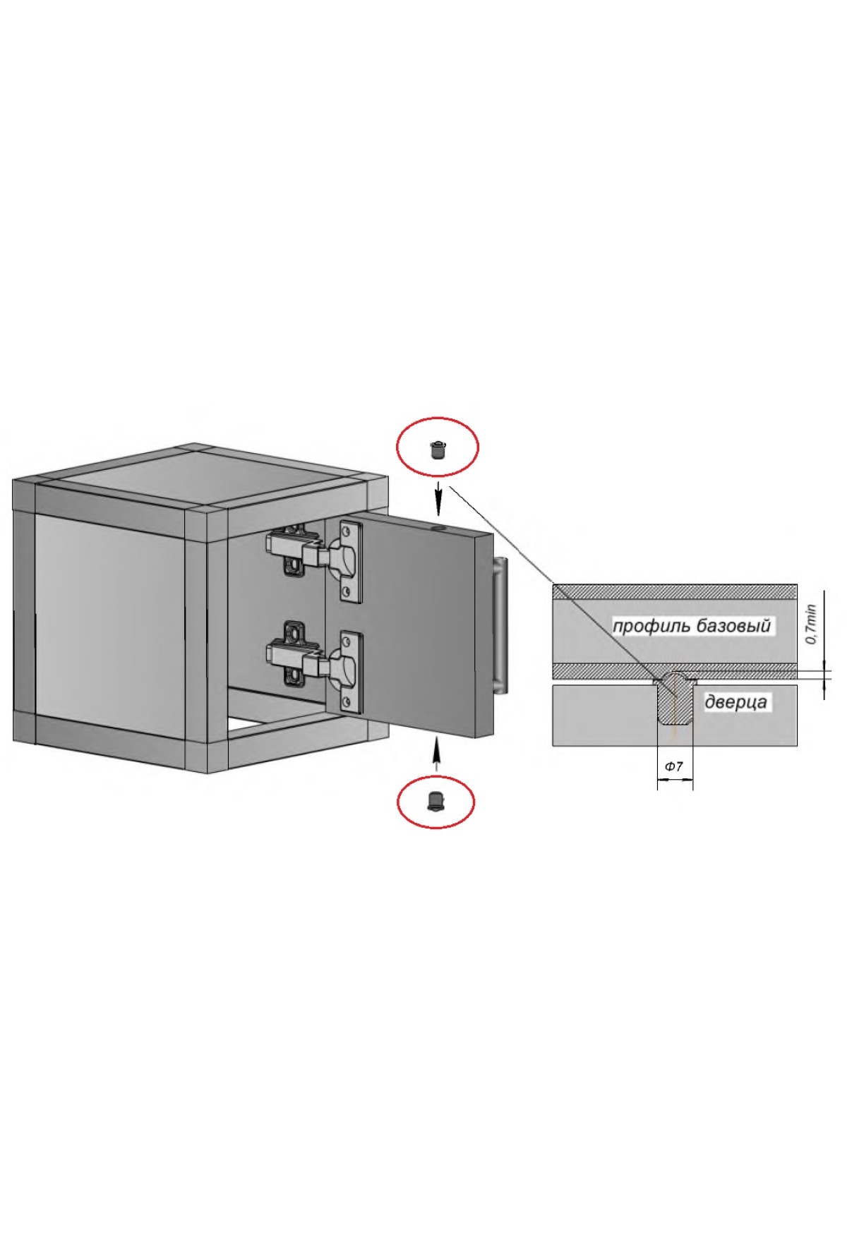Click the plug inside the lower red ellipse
coord(435,801)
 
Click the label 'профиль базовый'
coord(691,626)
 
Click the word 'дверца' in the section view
coord(735,703)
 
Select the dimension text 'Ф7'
coord(674,766)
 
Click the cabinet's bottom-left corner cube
coord(24,730)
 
